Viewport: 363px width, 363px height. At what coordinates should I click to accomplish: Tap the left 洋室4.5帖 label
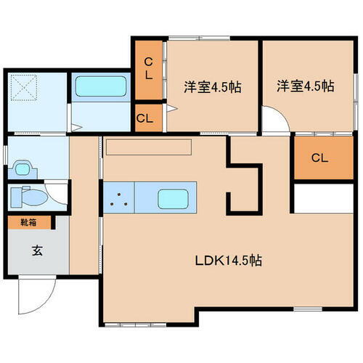click(211, 86)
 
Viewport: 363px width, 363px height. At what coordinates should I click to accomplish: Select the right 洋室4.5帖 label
click(305, 86)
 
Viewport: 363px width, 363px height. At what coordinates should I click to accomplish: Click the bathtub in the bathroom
click(101, 88)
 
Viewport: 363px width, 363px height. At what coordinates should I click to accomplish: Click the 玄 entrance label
click(36, 251)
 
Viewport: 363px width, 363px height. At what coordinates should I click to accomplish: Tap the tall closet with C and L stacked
click(148, 68)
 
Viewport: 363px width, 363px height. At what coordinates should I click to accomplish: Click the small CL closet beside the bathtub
click(144, 118)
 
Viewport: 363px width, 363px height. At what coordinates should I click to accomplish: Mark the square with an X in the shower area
click(26, 90)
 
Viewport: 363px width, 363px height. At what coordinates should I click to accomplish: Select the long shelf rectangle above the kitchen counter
click(148, 147)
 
